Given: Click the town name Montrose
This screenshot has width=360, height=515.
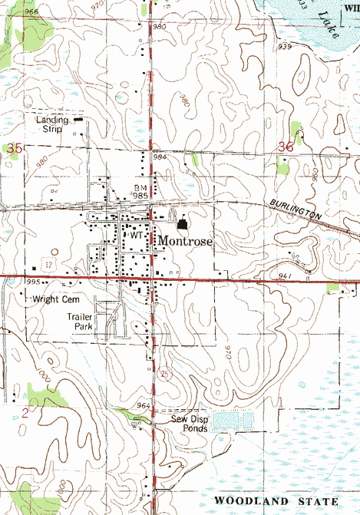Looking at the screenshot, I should pos(185,241).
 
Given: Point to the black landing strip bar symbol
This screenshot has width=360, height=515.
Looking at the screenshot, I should pos(79,119).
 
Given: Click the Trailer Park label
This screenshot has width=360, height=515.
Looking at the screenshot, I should pos(79,321).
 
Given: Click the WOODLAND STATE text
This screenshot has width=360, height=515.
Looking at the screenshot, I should pos(276,500).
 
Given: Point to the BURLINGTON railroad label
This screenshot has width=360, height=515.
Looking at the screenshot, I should pos(295,210).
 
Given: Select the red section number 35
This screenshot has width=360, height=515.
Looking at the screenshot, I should pos(12,147).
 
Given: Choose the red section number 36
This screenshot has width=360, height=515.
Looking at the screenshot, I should pos(286,147).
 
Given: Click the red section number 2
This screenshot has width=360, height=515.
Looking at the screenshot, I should pos(25,413).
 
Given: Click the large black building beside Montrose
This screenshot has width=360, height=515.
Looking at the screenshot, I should pos(183,224).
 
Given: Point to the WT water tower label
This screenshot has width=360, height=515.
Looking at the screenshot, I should pos(136,236).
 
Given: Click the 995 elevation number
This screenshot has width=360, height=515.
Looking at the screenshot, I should pos(31,282).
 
